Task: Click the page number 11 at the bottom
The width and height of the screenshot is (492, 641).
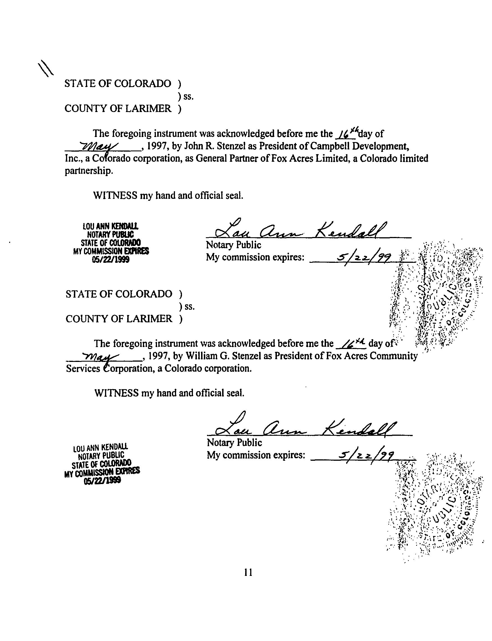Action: tap(248, 572)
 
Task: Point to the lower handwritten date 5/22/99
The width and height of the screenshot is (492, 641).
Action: tap(366, 456)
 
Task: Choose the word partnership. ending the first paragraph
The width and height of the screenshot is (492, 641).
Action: tap(89, 171)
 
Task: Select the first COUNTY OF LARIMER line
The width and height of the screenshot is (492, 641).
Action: tap(118, 109)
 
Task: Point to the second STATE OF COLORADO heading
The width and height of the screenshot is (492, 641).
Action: tap(119, 294)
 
